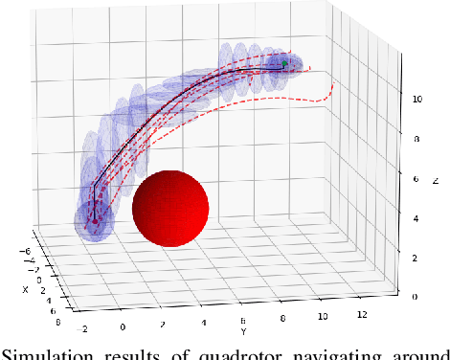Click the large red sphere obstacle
click(170, 210)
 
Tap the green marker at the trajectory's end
click(284, 63)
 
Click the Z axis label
click(436, 180)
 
